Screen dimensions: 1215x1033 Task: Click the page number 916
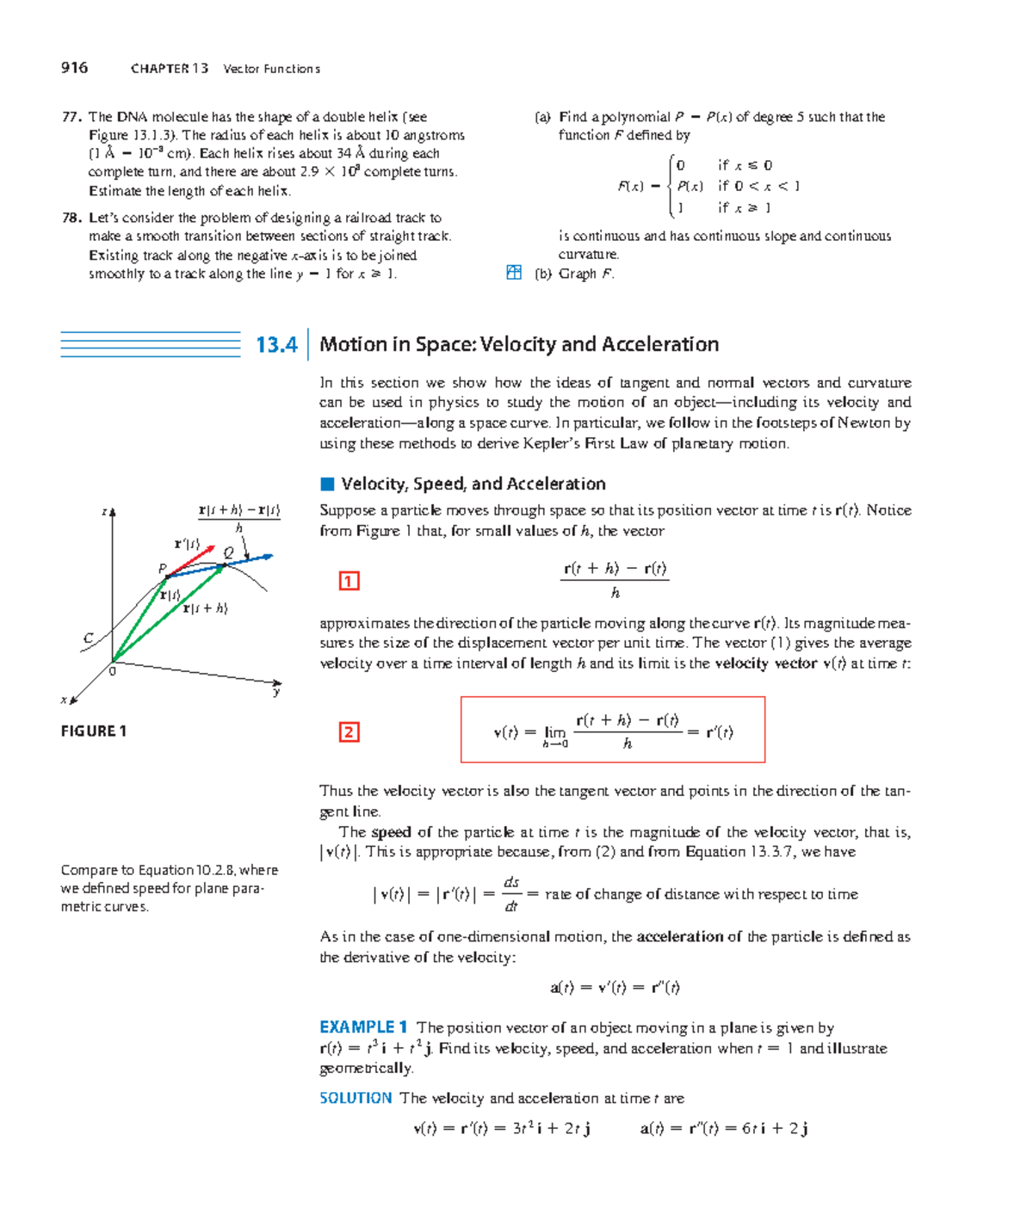(x=74, y=68)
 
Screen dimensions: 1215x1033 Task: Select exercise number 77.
(x=71, y=117)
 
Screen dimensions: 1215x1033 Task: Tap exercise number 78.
(x=71, y=218)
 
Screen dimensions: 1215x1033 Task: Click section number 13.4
(x=276, y=345)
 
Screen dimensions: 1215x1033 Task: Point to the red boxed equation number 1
(x=349, y=581)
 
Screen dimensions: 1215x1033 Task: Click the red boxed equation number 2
(x=349, y=732)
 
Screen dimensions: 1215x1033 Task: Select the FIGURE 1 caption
(x=94, y=731)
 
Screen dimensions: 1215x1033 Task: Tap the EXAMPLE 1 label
(x=362, y=1027)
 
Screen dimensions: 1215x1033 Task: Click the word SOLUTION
(x=356, y=1098)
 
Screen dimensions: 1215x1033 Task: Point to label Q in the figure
(x=229, y=552)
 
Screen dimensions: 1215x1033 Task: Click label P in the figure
(x=162, y=568)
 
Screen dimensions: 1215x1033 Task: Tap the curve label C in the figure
(x=88, y=638)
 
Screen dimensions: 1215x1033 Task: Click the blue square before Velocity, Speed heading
(x=326, y=484)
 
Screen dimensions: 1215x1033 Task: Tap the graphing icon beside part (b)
(x=514, y=273)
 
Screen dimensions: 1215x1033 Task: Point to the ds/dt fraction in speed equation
(x=511, y=894)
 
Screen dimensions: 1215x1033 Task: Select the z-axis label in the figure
(x=104, y=512)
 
